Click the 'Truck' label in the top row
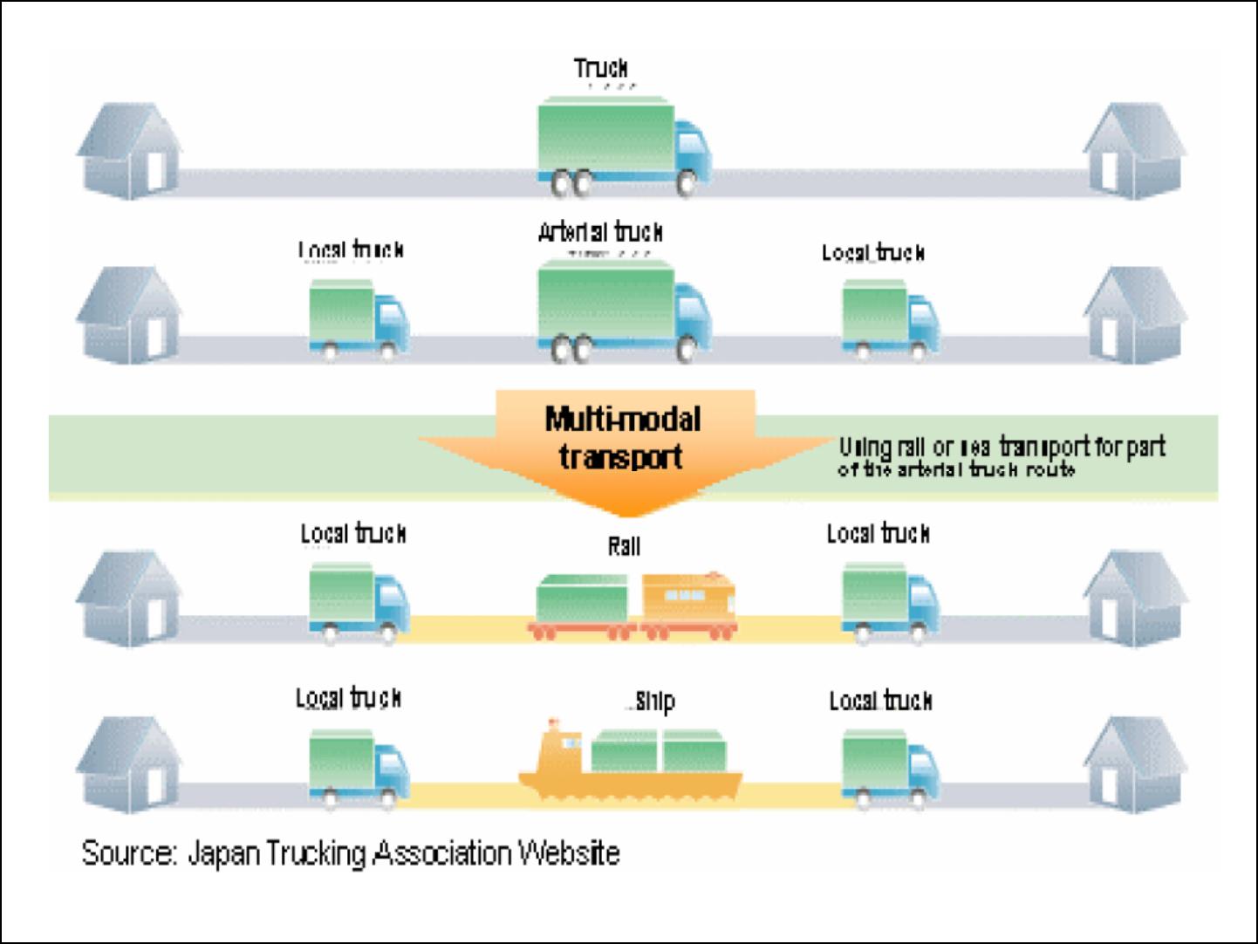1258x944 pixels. (x=600, y=68)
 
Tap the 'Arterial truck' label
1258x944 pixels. (x=600, y=232)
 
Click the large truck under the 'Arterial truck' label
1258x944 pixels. (x=623, y=311)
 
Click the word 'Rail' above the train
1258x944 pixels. (x=624, y=547)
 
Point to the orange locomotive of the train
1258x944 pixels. (x=689, y=601)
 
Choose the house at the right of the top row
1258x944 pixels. (x=1132, y=150)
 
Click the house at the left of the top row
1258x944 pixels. (x=129, y=150)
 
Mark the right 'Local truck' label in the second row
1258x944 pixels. (x=872, y=253)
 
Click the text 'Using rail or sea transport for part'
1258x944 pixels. (x=1002, y=447)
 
